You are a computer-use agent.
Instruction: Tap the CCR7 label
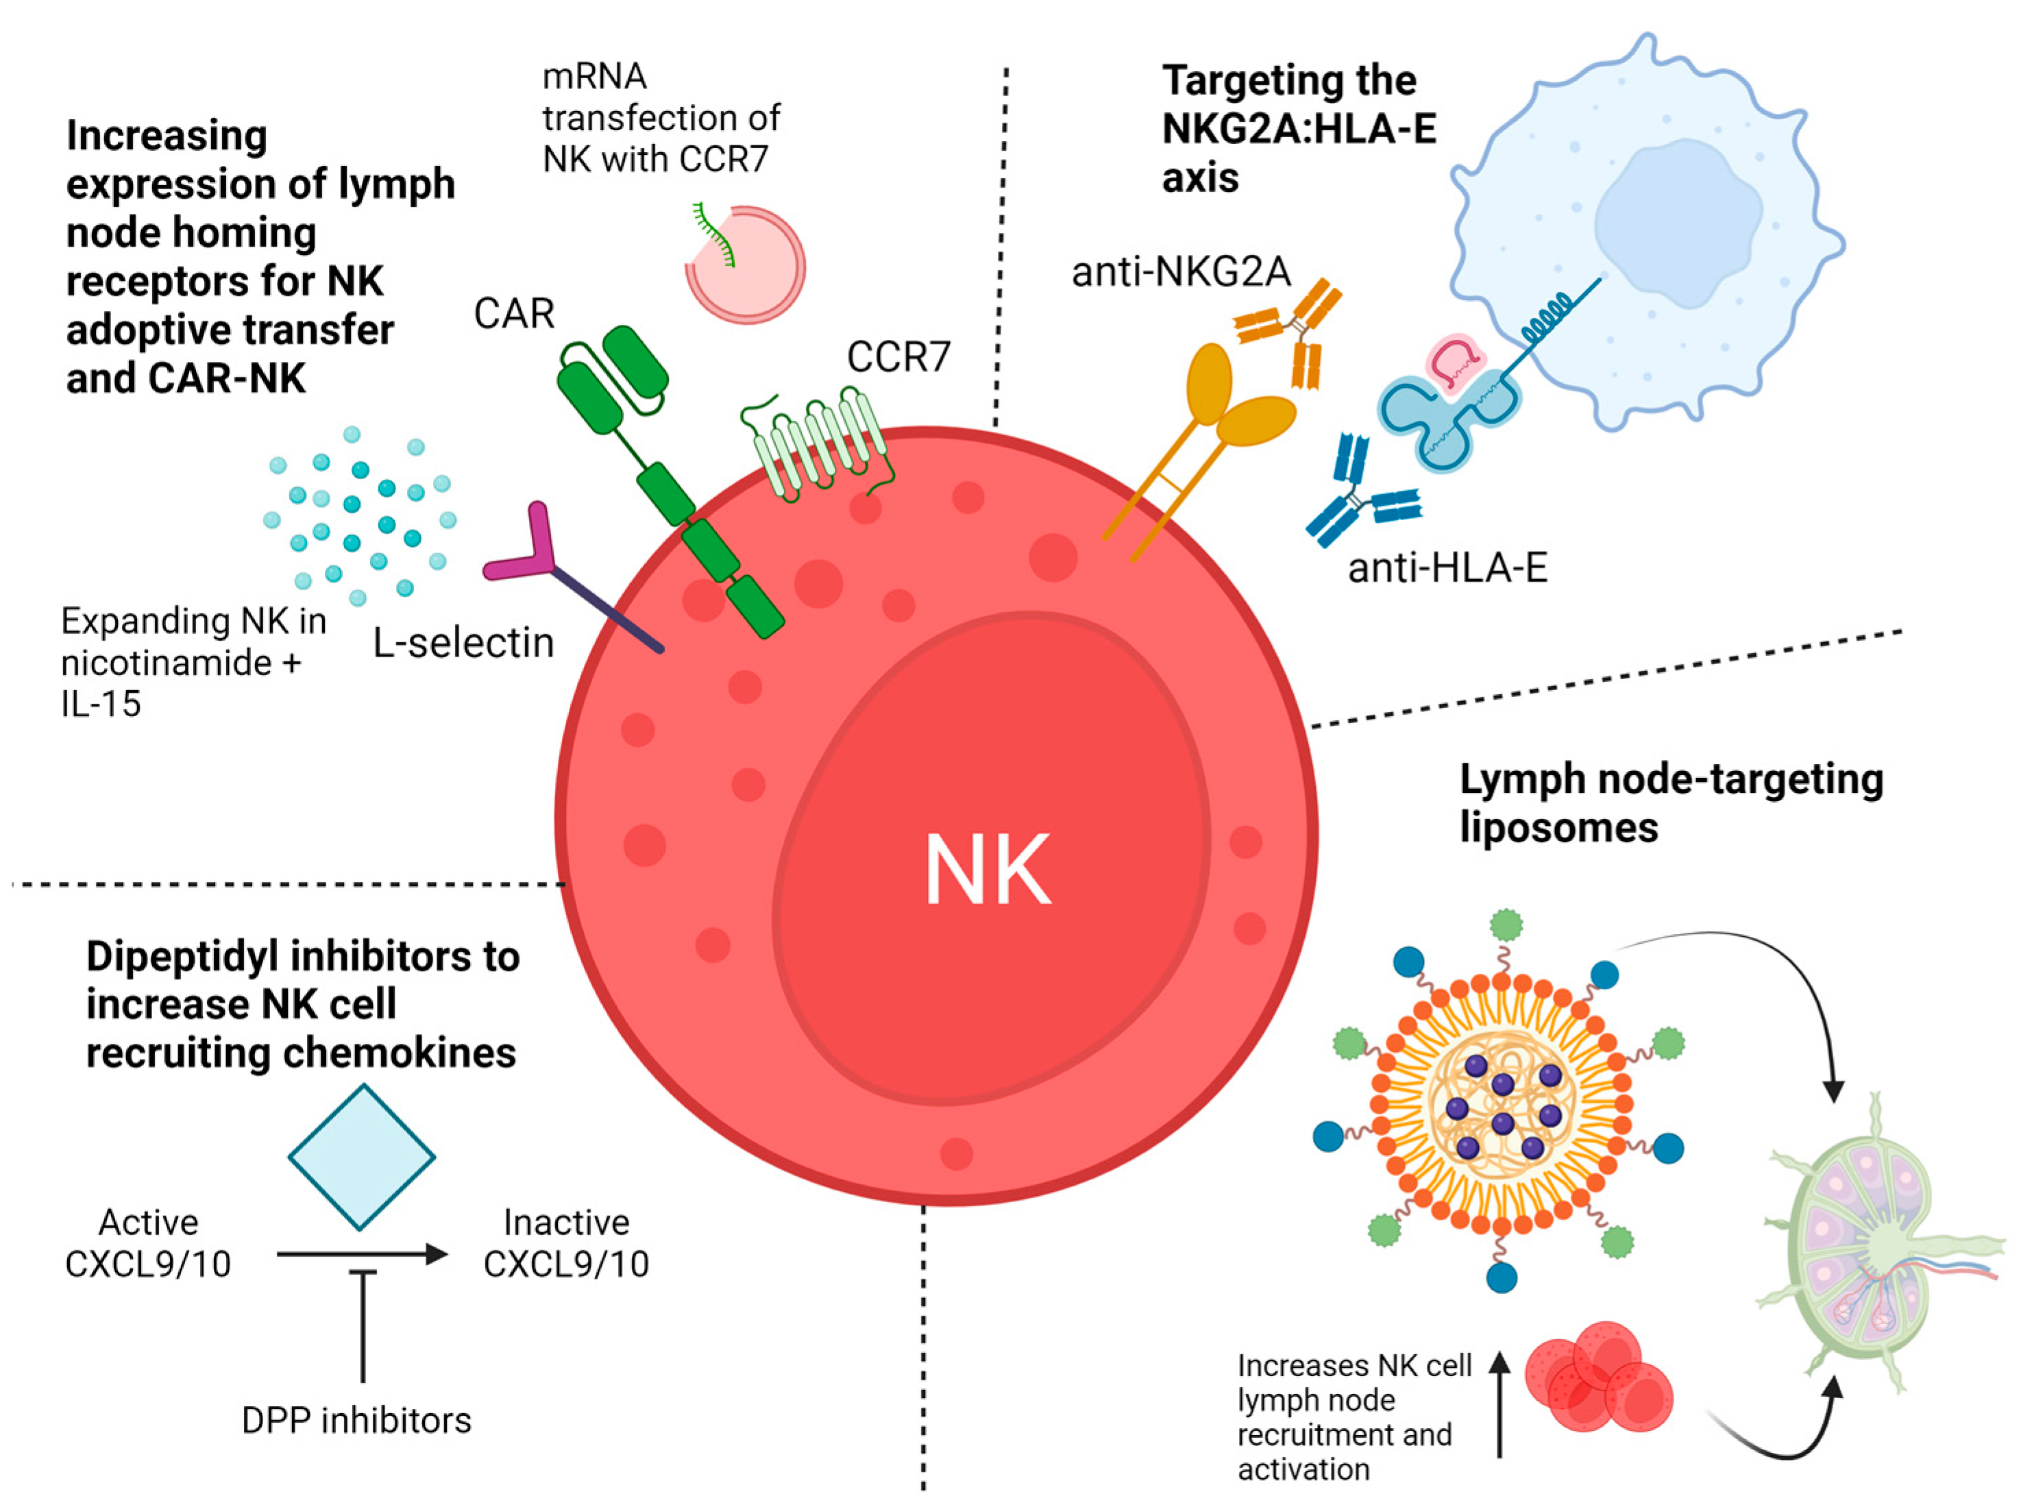click(897, 357)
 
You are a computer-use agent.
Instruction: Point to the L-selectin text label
click(463, 643)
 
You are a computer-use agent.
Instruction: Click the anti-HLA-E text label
click(1446, 568)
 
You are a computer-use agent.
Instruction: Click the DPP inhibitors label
click(356, 1420)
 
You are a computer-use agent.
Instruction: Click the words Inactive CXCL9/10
click(565, 1243)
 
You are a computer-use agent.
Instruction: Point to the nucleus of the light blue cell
click(1676, 223)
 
